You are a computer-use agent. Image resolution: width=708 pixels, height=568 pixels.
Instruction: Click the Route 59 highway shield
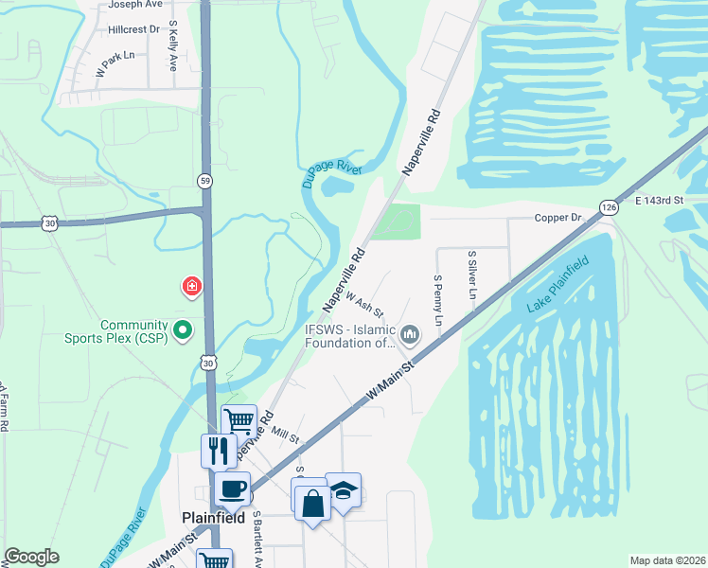pyautogui.click(x=204, y=180)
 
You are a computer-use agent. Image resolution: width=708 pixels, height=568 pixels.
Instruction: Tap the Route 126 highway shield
pyautogui.click(x=608, y=206)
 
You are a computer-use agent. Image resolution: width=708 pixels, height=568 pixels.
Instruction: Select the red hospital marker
pyautogui.click(x=192, y=286)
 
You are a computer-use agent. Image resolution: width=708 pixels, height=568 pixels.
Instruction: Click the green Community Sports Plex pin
pyautogui.click(x=186, y=330)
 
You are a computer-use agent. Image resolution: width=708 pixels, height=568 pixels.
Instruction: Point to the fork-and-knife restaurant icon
pyautogui.click(x=219, y=450)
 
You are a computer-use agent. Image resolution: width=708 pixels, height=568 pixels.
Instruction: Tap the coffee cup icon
pyautogui.click(x=233, y=488)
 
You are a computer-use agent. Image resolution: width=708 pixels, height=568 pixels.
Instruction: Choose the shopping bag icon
pyautogui.click(x=312, y=502)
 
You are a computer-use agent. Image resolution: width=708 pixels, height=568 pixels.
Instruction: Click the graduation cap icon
pyautogui.click(x=343, y=488)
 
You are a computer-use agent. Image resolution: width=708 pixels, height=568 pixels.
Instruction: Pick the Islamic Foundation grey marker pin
pyautogui.click(x=410, y=333)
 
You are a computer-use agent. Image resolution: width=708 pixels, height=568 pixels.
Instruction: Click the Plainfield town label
pyautogui.click(x=213, y=518)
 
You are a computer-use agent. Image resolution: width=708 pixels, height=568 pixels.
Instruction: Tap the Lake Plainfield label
pyautogui.click(x=558, y=284)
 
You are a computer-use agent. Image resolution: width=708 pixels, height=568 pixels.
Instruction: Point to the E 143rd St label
pyautogui.click(x=659, y=201)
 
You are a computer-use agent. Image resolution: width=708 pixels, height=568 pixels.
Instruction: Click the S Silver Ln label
pyautogui.click(x=470, y=274)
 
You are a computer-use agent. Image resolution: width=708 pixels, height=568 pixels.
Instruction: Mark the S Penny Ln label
pyautogui.click(x=438, y=300)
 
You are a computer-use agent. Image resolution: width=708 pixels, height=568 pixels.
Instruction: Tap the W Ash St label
pyautogui.click(x=364, y=305)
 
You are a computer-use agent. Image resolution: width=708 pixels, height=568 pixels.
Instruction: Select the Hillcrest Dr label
pyautogui.click(x=133, y=29)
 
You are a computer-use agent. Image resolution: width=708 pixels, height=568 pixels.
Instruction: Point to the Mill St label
pyautogui.click(x=285, y=435)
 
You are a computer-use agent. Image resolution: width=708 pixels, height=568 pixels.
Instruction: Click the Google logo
pyautogui.click(x=32, y=557)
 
